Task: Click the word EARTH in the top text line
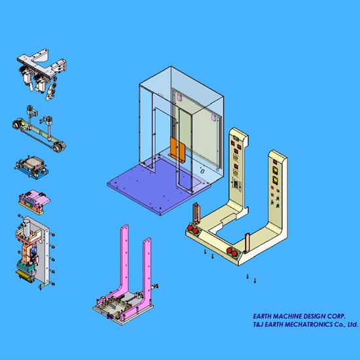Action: click(262, 316)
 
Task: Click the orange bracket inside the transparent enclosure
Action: click(177, 149)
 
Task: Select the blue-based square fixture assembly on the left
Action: click(31, 167)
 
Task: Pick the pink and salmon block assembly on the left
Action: click(34, 202)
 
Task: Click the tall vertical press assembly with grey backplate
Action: click(35, 251)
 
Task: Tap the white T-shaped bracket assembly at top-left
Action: click(41, 73)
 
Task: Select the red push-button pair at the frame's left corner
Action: click(193, 229)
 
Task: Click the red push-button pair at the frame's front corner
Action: click(232, 252)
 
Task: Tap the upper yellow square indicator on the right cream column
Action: click(276, 170)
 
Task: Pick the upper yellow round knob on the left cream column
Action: click(236, 158)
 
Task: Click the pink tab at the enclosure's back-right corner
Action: click(213, 118)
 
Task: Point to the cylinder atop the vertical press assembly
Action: click(26, 227)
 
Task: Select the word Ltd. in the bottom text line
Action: click(352, 325)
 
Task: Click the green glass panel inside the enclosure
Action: click(198, 133)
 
